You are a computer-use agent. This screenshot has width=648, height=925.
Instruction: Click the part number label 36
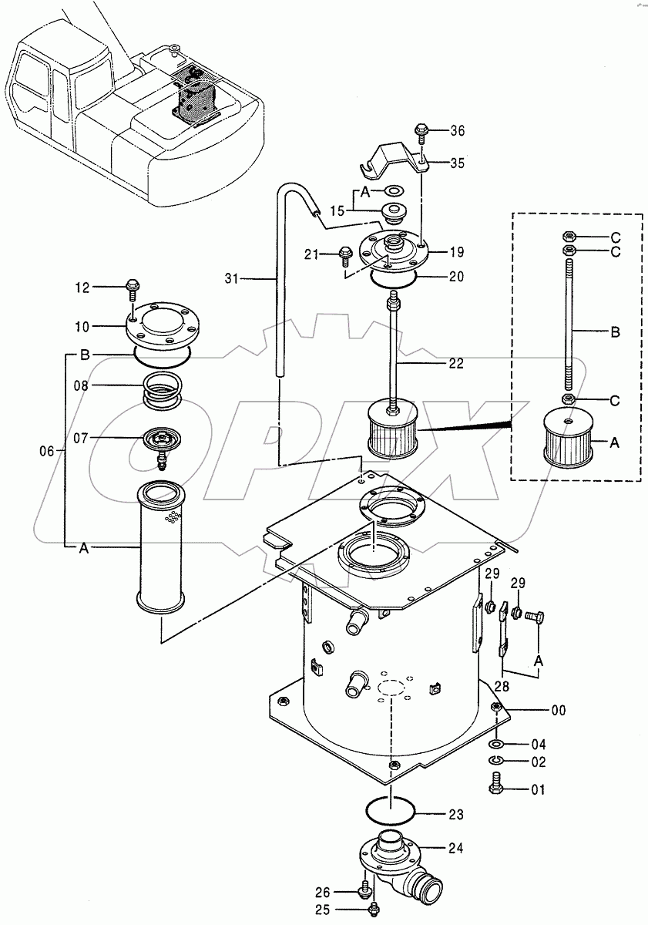(x=458, y=131)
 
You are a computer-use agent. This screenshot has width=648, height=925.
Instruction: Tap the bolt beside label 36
(x=421, y=132)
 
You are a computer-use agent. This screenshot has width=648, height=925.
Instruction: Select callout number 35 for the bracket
(x=458, y=163)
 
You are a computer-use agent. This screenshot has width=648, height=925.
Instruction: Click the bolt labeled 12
(x=131, y=290)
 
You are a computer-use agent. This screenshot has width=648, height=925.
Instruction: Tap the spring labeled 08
(x=163, y=388)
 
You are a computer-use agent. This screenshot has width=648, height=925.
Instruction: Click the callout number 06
(x=45, y=452)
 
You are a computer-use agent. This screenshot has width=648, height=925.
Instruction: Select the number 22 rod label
(x=456, y=364)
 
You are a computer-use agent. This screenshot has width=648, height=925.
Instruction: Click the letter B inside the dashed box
(x=615, y=333)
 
